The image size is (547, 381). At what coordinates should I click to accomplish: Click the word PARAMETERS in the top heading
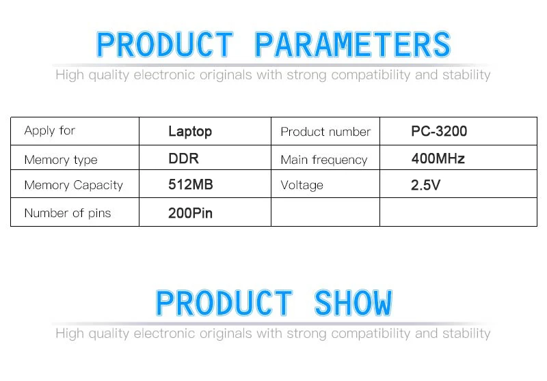click(353, 44)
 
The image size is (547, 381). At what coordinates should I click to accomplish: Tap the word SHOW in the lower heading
click(353, 303)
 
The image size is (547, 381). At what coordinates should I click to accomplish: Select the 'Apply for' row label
click(49, 131)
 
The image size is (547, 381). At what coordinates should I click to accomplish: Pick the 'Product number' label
click(325, 132)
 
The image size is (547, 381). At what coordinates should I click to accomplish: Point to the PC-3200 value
click(439, 131)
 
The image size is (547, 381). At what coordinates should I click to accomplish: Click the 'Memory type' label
click(61, 160)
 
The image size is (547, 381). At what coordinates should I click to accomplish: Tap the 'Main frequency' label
click(324, 160)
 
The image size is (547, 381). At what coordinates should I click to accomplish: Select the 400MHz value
click(438, 158)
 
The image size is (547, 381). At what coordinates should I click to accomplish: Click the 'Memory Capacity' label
click(74, 185)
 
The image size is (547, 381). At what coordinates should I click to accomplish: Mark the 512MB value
click(191, 184)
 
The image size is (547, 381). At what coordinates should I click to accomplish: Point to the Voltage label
click(302, 185)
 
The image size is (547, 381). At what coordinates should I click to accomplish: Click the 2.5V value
click(425, 185)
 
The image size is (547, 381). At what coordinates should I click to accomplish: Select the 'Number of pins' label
click(68, 213)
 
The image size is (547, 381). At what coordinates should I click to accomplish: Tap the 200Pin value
click(191, 213)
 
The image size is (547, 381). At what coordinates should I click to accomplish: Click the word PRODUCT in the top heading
click(165, 44)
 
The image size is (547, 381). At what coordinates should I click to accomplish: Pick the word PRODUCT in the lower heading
click(224, 303)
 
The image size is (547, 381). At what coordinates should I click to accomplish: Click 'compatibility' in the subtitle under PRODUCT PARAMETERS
click(371, 75)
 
